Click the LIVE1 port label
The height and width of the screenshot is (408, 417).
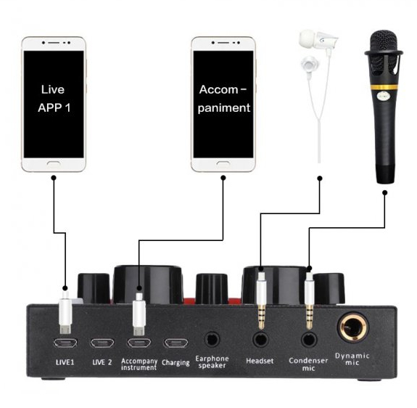pos(65,362)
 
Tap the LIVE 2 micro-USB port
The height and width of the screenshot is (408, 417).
pos(102,343)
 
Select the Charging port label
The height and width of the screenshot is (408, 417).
pos(176,362)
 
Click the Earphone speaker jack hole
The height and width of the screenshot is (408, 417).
pos(212,340)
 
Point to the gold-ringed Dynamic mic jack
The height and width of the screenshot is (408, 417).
pos(352,327)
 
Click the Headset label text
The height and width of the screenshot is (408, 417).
pos(260,361)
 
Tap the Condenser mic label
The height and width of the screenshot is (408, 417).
pos(308,364)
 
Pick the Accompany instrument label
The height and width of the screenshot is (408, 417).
pos(139,364)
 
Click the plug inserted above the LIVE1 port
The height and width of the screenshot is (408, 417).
pos(65,312)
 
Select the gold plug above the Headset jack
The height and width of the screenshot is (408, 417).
pos(261,301)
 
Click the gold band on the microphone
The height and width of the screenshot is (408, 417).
pos(384,87)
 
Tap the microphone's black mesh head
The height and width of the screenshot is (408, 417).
pos(384,52)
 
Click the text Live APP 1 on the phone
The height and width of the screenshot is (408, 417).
pos(54,99)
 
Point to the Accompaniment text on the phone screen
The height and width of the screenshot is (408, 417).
pos(223,99)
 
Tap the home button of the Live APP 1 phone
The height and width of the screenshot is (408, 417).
pos(54,163)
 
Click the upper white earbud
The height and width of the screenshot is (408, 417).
pos(316,39)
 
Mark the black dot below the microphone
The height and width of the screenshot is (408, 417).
pos(384,192)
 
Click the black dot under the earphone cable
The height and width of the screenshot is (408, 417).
pos(320,178)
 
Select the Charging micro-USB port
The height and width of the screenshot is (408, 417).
pos(176,343)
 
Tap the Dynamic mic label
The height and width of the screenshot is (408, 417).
pos(352,359)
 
